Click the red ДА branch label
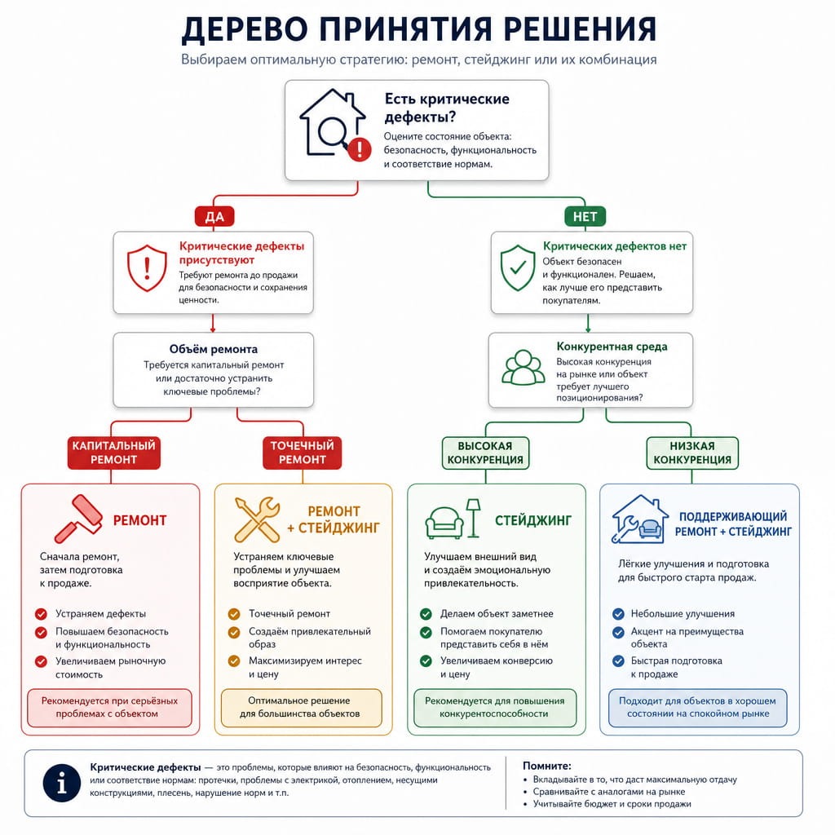pyautogui.click(x=214, y=216)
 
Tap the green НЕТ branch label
pyautogui.click(x=585, y=216)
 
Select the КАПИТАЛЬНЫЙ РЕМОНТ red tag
pyautogui.click(x=114, y=453)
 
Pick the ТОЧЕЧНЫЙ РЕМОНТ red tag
pyautogui.click(x=302, y=453)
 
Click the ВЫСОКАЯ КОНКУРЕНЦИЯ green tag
pyautogui.click(x=485, y=453)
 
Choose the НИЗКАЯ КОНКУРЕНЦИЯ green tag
pyautogui.click(x=692, y=453)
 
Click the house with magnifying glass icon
pyautogui.click(x=334, y=124)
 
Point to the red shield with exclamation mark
pyautogui.click(x=147, y=268)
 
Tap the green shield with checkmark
pyautogui.click(x=518, y=267)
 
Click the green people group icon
pyautogui.click(x=523, y=368)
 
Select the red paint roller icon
pyautogui.click(x=78, y=519)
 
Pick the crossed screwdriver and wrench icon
pyautogui.click(x=257, y=519)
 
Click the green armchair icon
pyautogui.click(x=444, y=523)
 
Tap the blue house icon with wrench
pyautogui.click(x=639, y=519)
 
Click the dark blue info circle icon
pyautogui.click(x=62, y=784)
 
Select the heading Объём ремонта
pyautogui.click(x=214, y=349)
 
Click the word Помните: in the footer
pyautogui.click(x=547, y=766)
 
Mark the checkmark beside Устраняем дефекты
pyautogui.click(x=41, y=614)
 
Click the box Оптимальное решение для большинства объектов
pyautogui.click(x=302, y=708)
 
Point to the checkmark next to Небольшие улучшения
pyautogui.click(x=618, y=614)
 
